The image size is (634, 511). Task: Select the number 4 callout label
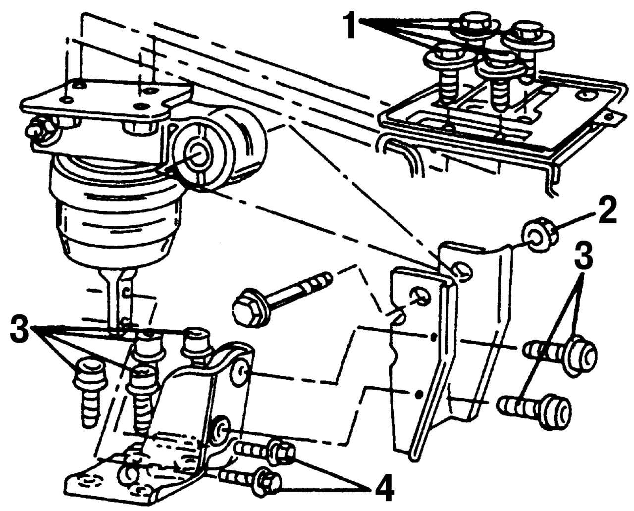[x=384, y=490]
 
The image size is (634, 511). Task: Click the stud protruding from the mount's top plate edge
[x=35, y=131]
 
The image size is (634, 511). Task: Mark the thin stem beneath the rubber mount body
[x=117, y=297]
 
